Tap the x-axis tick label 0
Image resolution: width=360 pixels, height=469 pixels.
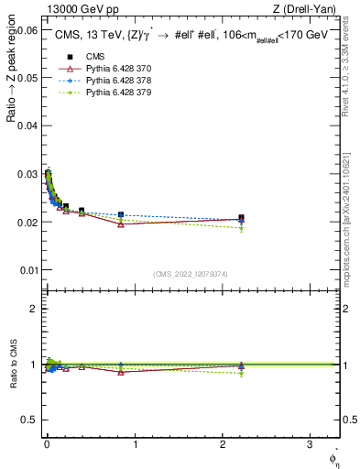pos(47,444)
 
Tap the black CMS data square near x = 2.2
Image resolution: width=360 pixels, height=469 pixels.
pos(241,218)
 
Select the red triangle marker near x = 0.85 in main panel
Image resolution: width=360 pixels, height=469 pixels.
pos(121,224)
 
